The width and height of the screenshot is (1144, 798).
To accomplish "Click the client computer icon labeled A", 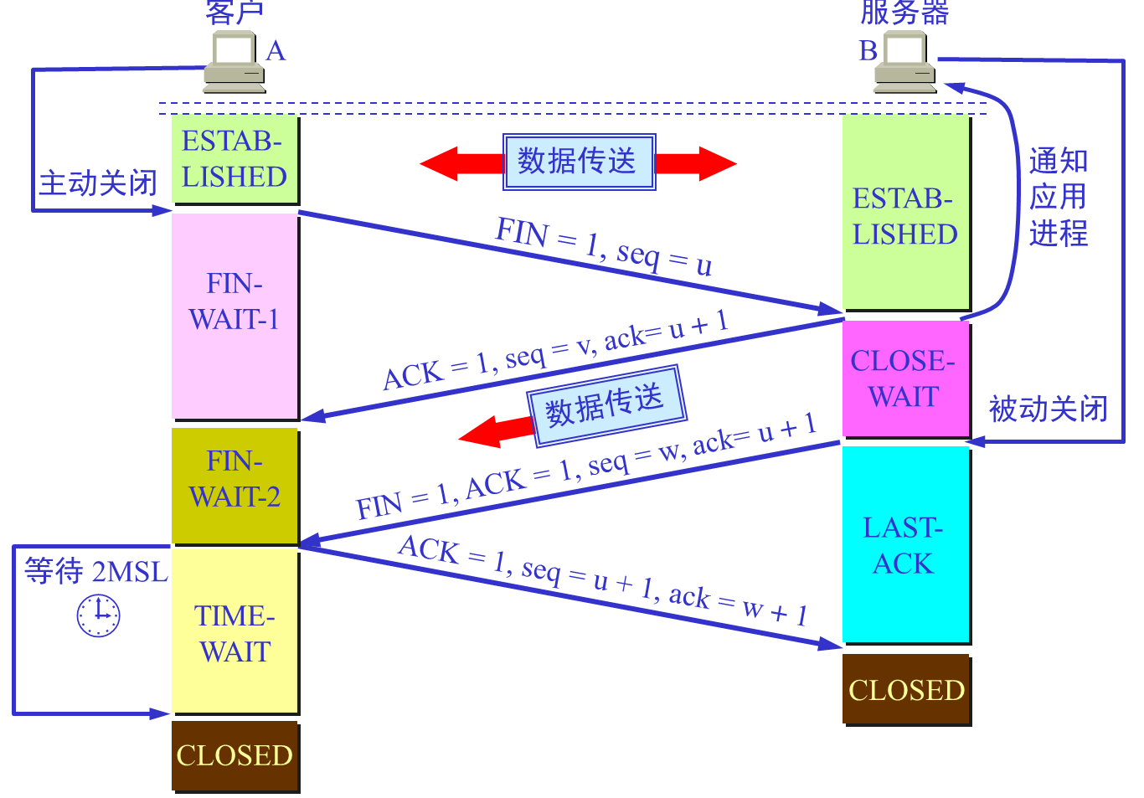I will (x=234, y=63).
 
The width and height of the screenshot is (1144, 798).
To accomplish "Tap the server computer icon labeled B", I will (x=905, y=63).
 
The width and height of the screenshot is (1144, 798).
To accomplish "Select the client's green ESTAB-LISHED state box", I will (x=235, y=159).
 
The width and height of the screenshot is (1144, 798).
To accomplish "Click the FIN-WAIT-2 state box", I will (x=235, y=486).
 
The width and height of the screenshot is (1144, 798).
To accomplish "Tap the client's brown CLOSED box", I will (x=235, y=755).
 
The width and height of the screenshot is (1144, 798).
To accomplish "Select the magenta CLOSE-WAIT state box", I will (x=905, y=378).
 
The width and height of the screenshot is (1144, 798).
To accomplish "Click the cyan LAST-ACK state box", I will (x=905, y=544).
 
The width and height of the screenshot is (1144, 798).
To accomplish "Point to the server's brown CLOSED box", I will (x=906, y=689).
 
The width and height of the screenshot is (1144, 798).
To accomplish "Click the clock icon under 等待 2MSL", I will (x=99, y=615).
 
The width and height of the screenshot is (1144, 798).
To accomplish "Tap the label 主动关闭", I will (x=98, y=183).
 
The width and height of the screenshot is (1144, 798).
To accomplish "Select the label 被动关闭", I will (x=1048, y=409).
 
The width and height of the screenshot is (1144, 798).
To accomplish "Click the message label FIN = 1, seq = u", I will (x=603, y=246).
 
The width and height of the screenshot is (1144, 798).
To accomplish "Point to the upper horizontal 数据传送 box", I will (x=579, y=161).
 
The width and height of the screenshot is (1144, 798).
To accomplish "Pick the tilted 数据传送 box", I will (x=606, y=405).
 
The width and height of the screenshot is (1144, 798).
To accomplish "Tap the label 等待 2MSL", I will (x=95, y=571).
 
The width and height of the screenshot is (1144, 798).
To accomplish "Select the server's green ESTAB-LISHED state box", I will (x=905, y=214).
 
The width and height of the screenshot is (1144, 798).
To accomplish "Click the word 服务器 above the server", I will (x=904, y=13).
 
